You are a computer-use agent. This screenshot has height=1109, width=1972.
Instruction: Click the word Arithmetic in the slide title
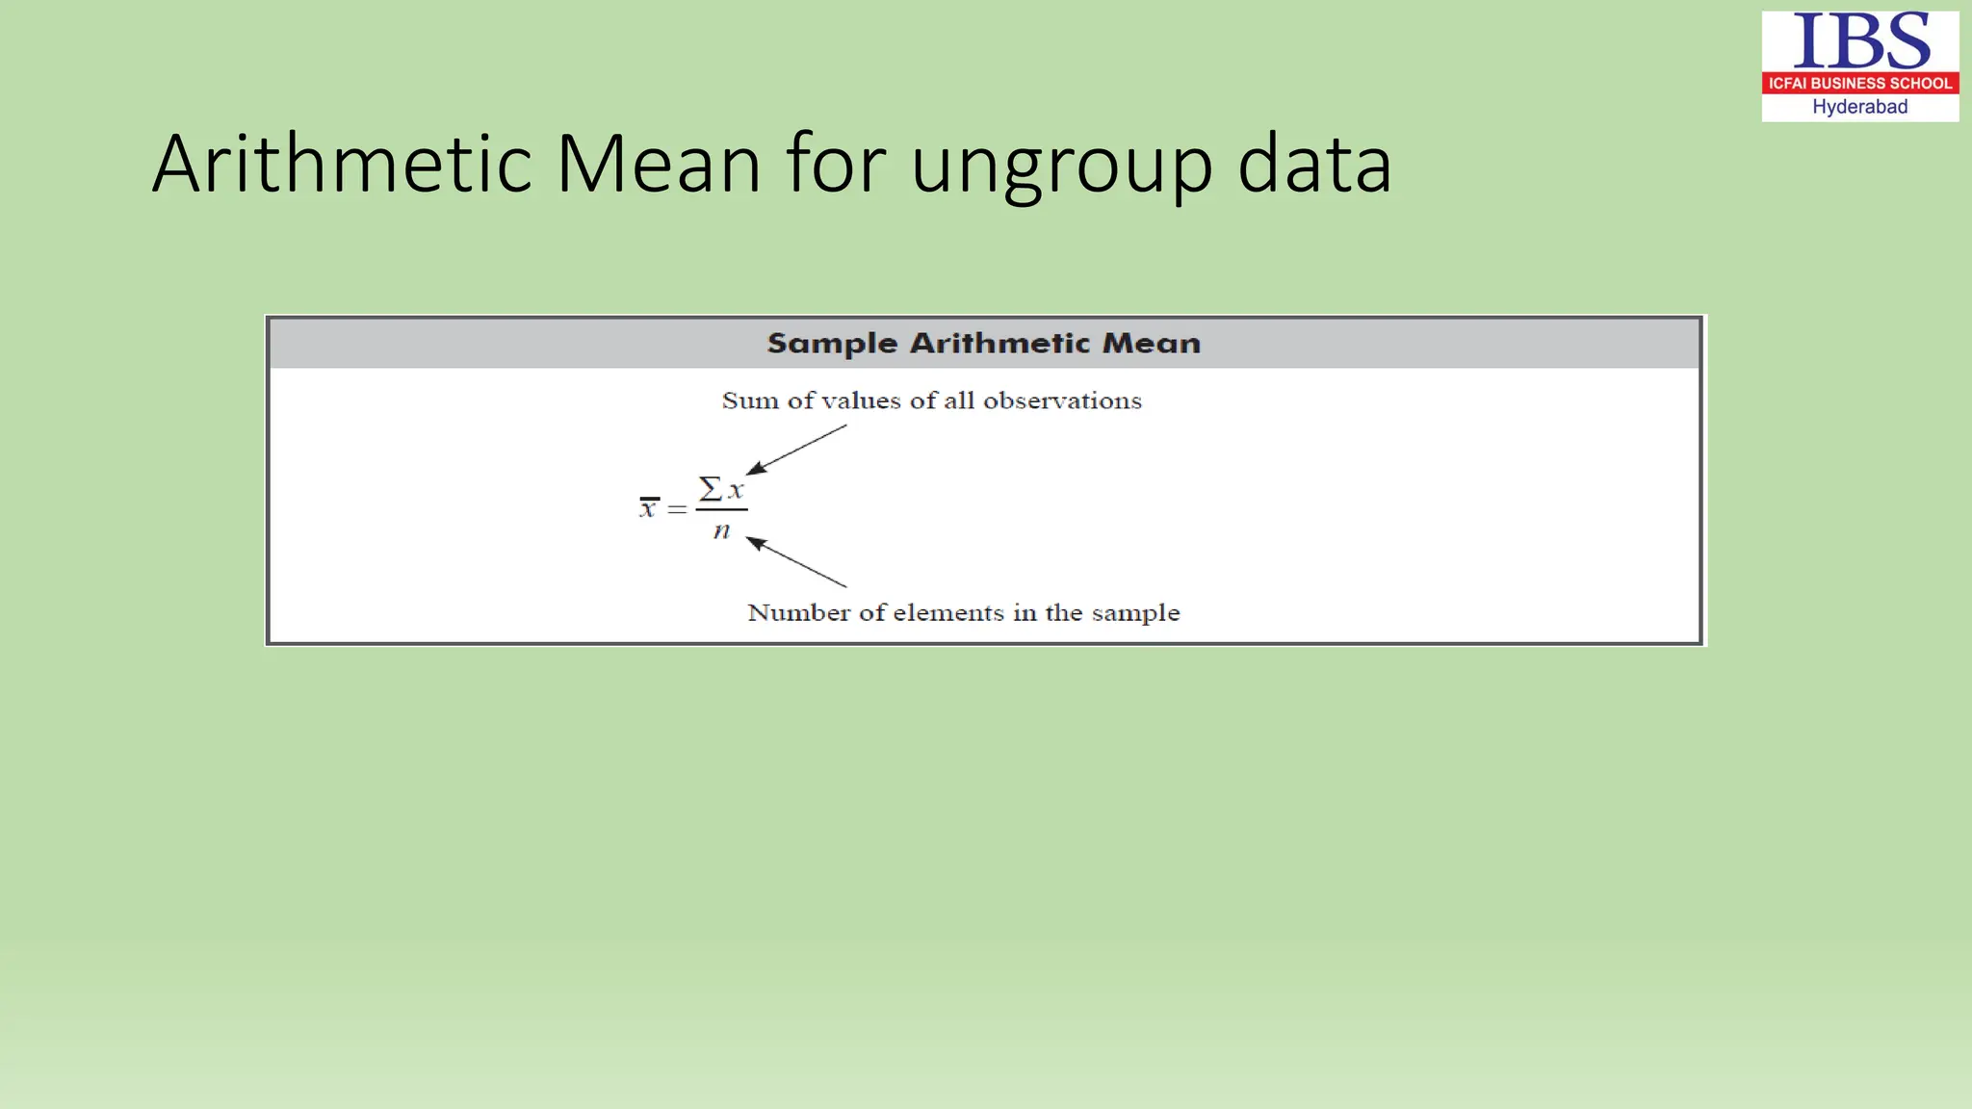click(x=342, y=164)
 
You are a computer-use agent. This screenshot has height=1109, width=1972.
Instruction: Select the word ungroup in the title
click(x=1061, y=166)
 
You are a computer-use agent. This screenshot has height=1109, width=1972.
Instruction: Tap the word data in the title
click(x=1314, y=164)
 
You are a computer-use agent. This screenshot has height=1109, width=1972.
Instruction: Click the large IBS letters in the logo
click(x=1860, y=42)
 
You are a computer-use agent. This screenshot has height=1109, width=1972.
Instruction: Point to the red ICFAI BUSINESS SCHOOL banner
click(x=1860, y=84)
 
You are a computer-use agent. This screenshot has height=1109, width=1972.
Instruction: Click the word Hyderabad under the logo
click(x=1860, y=107)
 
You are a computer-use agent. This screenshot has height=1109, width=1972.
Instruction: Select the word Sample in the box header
click(x=832, y=344)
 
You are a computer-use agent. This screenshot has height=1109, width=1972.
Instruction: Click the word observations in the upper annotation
click(x=1062, y=401)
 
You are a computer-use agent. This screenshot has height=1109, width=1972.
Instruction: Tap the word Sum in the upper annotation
click(x=750, y=401)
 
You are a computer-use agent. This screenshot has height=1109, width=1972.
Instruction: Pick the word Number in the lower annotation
click(x=798, y=613)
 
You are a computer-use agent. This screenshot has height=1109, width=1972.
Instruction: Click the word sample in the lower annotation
click(x=1135, y=614)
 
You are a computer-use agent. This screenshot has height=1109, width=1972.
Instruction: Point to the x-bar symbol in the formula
click(x=649, y=507)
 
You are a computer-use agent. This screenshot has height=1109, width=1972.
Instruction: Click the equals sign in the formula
click(x=678, y=508)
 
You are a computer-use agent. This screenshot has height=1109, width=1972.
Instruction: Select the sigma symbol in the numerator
click(x=711, y=489)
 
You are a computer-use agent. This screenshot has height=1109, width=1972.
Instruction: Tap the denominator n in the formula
click(x=721, y=530)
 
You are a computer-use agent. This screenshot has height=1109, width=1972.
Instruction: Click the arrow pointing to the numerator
click(x=795, y=450)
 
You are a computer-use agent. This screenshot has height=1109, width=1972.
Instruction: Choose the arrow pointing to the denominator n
click(x=795, y=561)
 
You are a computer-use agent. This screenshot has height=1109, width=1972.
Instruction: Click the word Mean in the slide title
click(x=660, y=164)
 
